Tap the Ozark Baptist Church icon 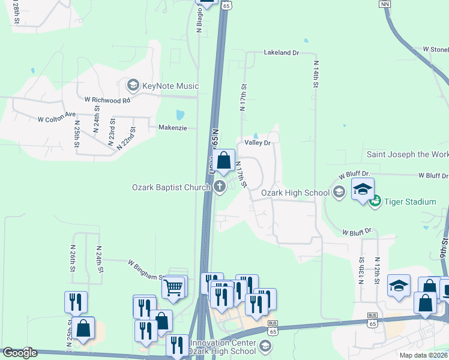pyautogui.click(x=220, y=187)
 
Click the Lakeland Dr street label pyautogui.click(x=281, y=53)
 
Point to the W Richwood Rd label pyautogui.click(x=107, y=100)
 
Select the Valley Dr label pyautogui.click(x=258, y=143)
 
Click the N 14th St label pyautogui.click(x=315, y=74)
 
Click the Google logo pyautogui.click(x=20, y=353)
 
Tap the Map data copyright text pyautogui.click(x=423, y=355)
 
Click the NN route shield pyautogui.click(x=385, y=4)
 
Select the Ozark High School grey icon pyautogui.click(x=339, y=193)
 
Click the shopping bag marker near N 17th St pyautogui.click(x=224, y=160)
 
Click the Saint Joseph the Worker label pyautogui.click(x=407, y=155)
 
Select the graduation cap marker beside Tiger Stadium pyautogui.click(x=363, y=190)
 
